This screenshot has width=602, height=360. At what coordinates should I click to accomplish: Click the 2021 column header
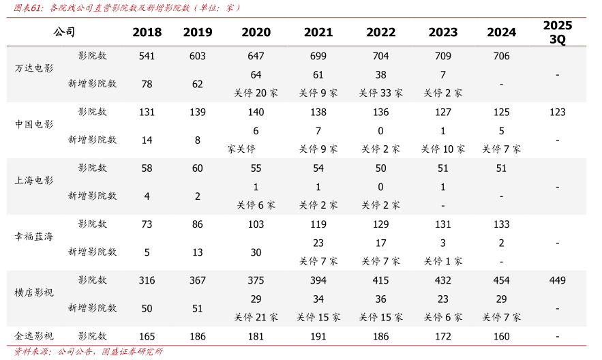point(318,32)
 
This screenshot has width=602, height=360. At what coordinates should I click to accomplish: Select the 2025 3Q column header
point(557,32)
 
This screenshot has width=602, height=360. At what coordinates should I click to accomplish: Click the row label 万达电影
point(34,68)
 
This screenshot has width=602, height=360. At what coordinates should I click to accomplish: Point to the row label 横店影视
point(34,292)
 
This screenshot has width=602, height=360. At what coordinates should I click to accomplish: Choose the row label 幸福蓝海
point(34,237)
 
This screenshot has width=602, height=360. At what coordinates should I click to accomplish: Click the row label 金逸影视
point(34,336)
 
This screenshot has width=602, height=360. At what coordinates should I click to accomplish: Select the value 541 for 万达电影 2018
point(147,56)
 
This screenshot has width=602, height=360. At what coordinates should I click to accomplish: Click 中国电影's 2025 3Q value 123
point(557,112)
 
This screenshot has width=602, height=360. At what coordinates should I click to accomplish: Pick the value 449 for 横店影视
point(557,280)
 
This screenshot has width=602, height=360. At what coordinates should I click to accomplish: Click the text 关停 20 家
point(256,93)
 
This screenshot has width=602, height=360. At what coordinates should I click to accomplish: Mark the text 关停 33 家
point(380,93)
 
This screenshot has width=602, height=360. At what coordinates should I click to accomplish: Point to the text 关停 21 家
point(256,317)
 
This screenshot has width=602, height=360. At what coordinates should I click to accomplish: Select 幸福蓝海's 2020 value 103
point(256,224)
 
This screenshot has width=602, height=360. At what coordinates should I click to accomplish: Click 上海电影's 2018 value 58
point(147,168)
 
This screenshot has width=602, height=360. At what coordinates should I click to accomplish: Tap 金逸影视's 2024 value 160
point(501,336)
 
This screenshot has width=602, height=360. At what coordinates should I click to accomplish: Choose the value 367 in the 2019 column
point(198,280)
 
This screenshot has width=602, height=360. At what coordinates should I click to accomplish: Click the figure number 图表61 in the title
point(24,8)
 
